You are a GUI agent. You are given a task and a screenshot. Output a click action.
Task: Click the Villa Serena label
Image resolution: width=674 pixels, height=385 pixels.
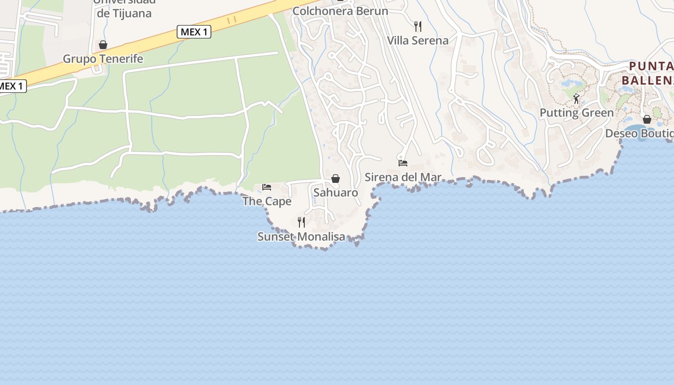tap(418, 40)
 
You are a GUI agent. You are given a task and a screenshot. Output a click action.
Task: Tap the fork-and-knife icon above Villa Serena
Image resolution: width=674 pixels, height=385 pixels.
tap(418, 26)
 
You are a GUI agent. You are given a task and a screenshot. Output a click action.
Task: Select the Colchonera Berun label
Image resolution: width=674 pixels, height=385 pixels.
tap(340, 11)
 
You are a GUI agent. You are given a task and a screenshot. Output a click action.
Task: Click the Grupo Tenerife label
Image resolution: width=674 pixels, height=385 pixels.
tap(103, 59)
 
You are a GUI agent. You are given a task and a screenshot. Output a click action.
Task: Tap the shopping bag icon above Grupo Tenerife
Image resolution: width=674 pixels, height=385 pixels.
tap(103, 45)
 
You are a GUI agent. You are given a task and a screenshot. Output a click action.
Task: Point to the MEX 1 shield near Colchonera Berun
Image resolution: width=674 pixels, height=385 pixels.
tap(194, 32)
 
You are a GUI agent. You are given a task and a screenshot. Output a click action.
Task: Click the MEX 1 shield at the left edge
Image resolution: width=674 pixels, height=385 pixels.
tap(12, 86)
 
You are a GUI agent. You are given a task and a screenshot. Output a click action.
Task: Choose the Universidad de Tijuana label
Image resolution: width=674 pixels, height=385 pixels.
tap(124, 9)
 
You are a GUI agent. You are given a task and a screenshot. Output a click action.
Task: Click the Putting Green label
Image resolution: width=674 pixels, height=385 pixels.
tap(576, 113)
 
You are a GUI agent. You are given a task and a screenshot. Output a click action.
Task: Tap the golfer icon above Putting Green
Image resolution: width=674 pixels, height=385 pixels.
tap(576, 99)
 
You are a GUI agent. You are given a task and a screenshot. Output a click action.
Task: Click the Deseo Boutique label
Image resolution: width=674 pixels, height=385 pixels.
tap(639, 133)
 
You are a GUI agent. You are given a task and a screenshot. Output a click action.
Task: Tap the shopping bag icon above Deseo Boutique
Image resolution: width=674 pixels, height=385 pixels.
tap(647, 119)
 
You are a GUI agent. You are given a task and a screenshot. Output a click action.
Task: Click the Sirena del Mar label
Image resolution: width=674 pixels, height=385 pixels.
tap(402, 177)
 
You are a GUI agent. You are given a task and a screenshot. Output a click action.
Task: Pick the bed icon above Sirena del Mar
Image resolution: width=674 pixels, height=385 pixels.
tap(403, 163)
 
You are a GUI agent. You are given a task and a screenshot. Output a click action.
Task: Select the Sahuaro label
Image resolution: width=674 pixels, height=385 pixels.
tap(336, 192)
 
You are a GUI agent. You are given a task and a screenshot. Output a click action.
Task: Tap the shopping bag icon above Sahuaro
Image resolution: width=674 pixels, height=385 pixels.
tap(336, 179)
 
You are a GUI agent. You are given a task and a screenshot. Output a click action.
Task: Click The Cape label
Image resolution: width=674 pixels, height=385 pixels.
tap(267, 201)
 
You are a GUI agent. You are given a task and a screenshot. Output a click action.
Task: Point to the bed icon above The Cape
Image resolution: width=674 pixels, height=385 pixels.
tap(267, 187)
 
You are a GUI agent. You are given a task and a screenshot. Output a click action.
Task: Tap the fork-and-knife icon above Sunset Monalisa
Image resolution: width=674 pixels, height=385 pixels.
tap(301, 222)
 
